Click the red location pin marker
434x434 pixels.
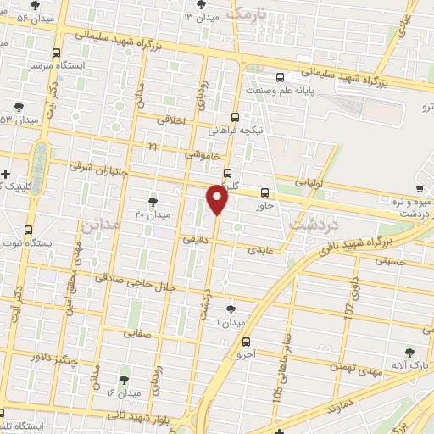(218, 200)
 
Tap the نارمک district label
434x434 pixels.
(248, 14)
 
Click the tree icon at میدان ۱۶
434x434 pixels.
(125, 380)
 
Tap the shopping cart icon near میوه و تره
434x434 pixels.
(420, 189)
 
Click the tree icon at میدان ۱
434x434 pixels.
(231, 309)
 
